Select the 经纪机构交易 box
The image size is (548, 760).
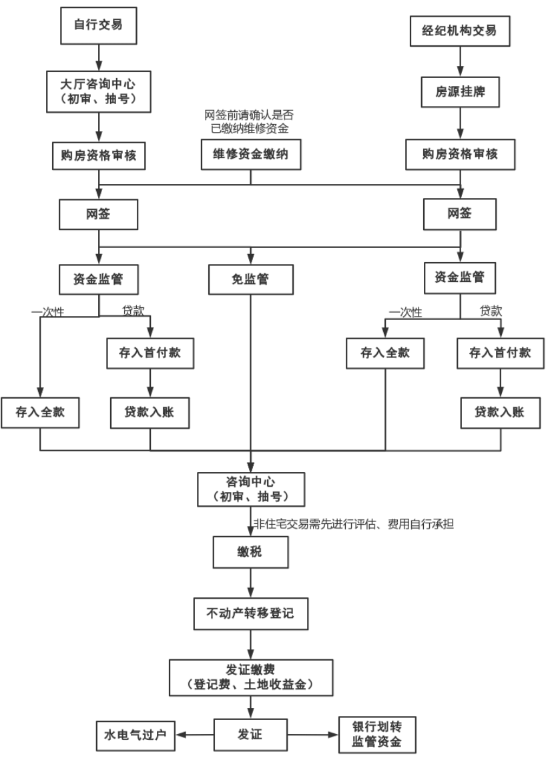[460, 30]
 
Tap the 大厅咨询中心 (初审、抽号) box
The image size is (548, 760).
[99, 91]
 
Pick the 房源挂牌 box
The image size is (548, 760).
[460, 93]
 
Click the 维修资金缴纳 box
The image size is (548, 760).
[251, 155]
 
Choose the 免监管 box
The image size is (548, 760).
[251, 280]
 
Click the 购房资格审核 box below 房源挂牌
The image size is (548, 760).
[460, 155]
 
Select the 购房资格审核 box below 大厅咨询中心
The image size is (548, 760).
[99, 155]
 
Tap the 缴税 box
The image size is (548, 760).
[251, 553]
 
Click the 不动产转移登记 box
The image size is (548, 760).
[251, 613]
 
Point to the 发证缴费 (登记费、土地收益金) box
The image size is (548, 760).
[251, 677]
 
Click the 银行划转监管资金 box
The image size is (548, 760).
[377, 735]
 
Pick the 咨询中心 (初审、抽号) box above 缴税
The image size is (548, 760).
[251, 489]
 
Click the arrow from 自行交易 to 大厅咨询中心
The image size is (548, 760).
[99, 57]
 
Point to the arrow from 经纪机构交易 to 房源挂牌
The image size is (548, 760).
[460, 62]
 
